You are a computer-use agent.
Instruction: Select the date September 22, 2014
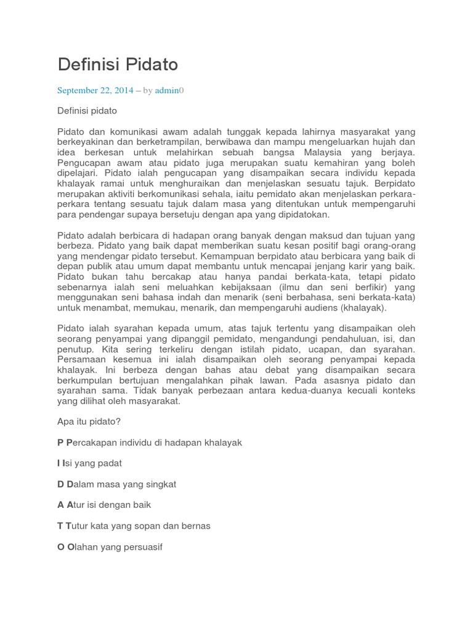[95, 91]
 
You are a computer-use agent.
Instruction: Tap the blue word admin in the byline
[166, 91]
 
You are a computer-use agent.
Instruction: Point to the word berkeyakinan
[85, 142]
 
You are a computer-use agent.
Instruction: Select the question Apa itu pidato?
[89, 423]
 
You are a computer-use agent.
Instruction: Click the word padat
[118, 463]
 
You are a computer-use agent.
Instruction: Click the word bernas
[195, 526]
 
